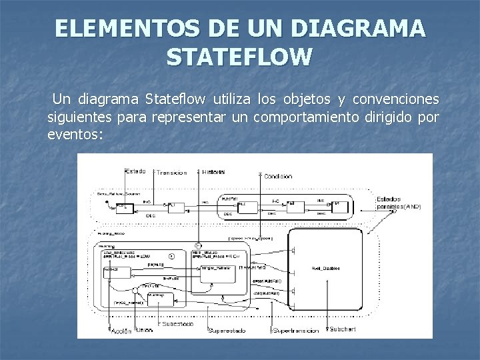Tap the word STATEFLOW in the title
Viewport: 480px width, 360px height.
(x=240, y=57)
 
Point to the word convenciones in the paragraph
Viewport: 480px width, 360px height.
(x=397, y=100)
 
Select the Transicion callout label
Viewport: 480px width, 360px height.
(x=171, y=173)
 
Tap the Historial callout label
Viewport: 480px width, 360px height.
(x=213, y=172)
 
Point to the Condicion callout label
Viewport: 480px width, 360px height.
(x=277, y=176)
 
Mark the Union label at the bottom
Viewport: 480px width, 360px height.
(x=144, y=331)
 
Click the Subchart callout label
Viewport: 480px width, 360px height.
(x=343, y=330)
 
